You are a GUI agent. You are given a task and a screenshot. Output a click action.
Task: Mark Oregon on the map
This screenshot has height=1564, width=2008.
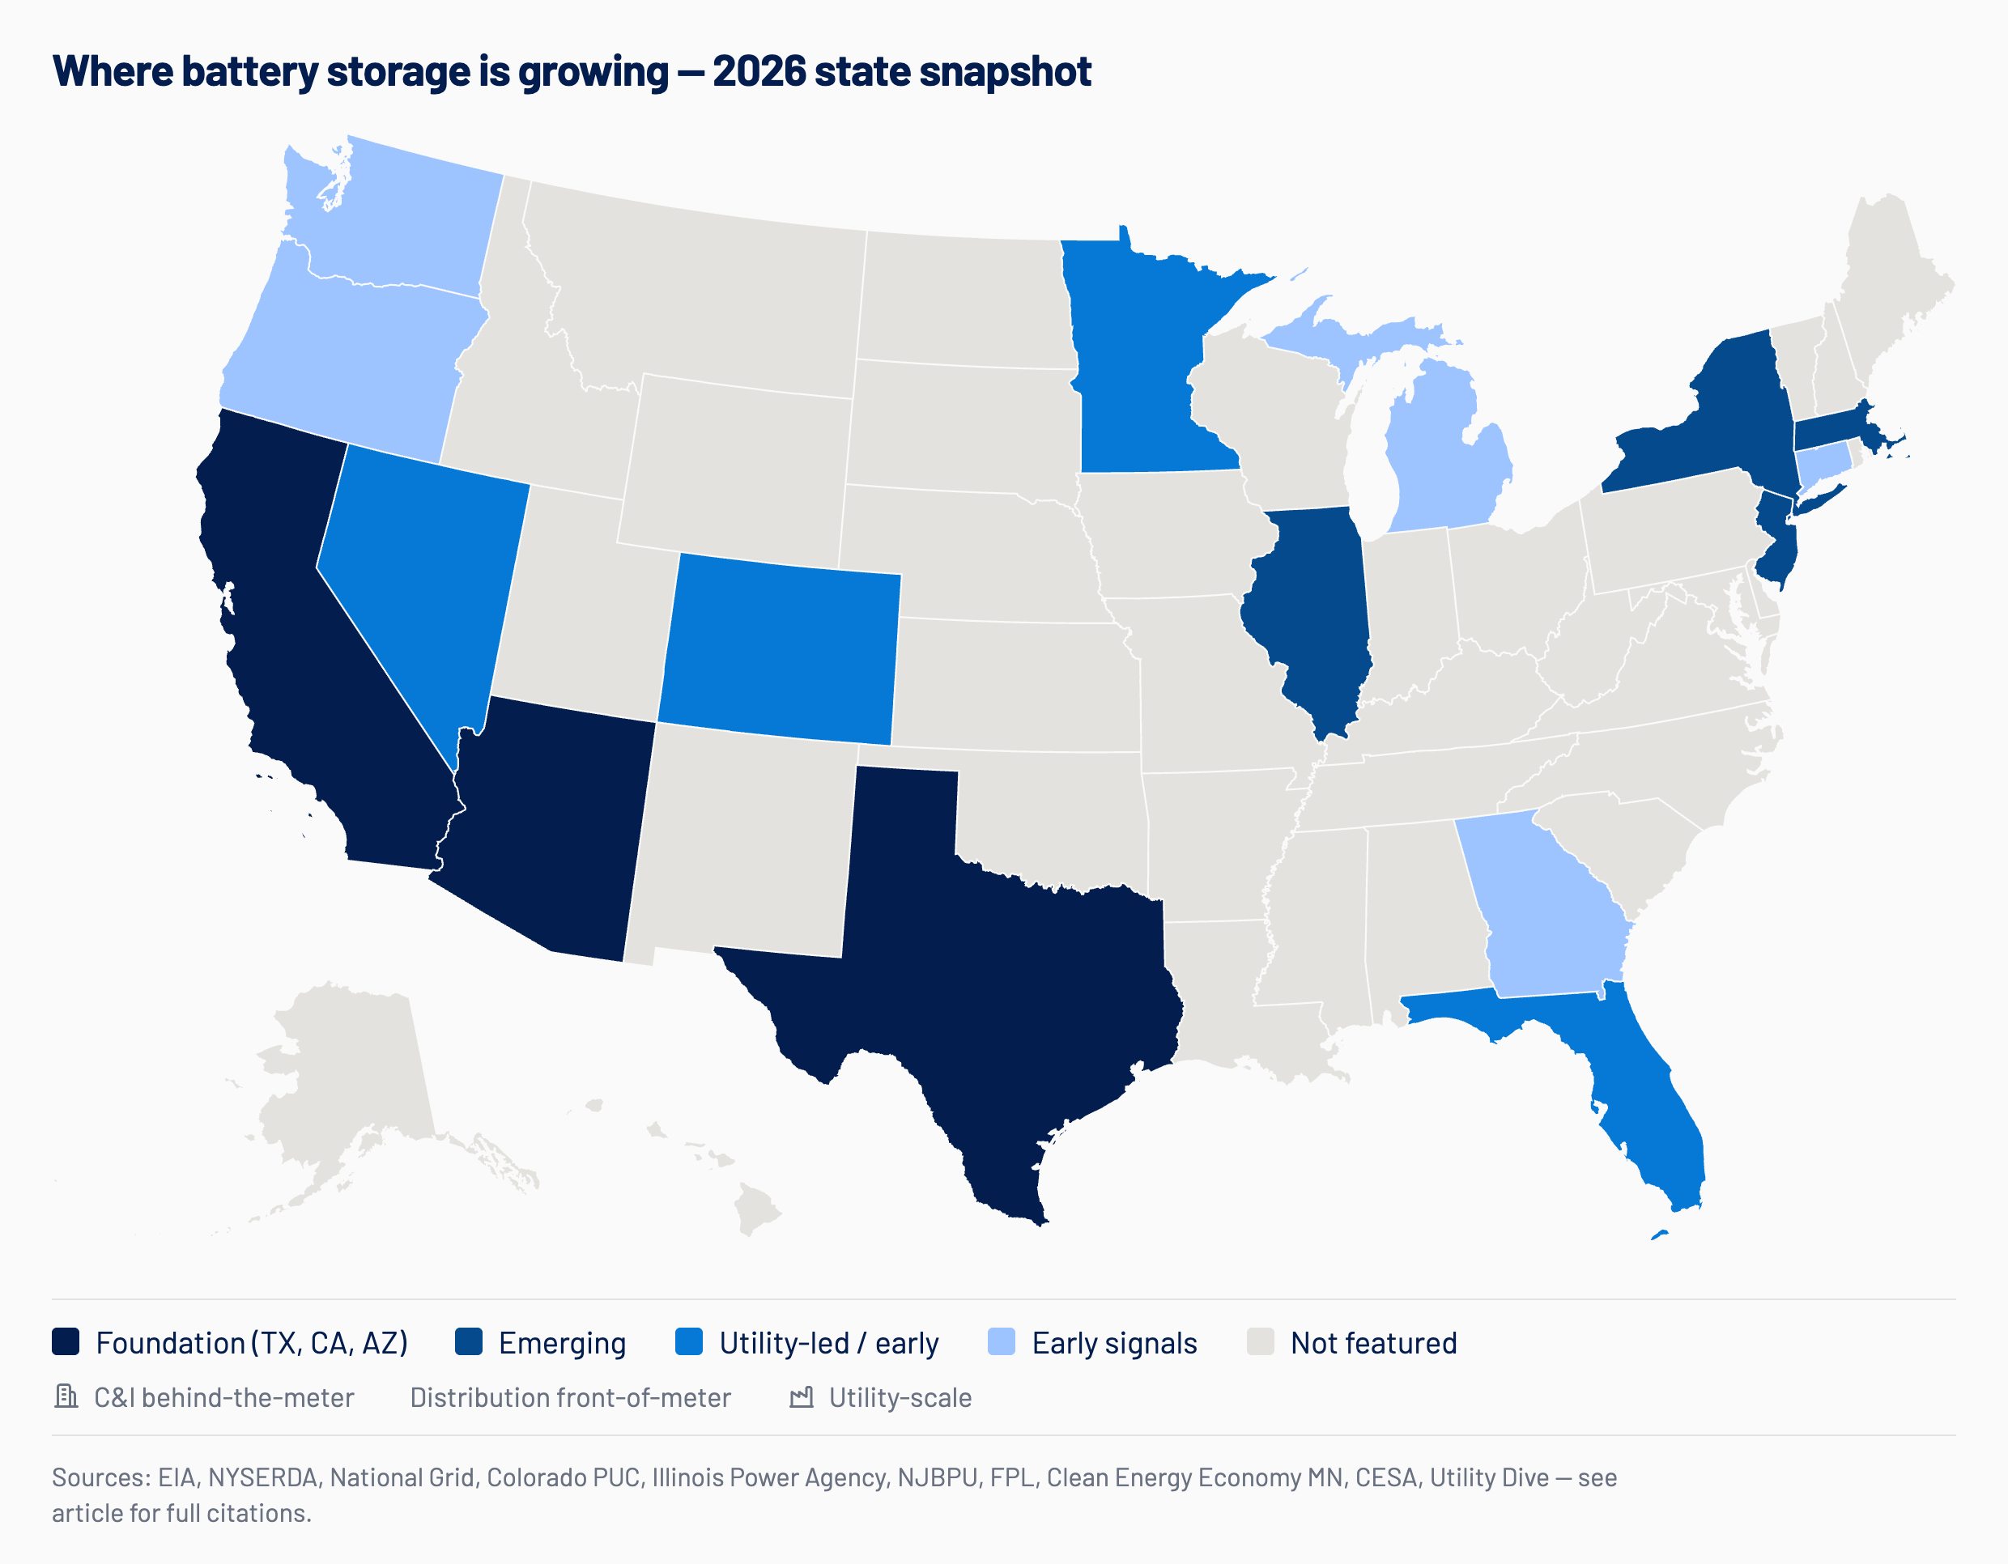[350, 359]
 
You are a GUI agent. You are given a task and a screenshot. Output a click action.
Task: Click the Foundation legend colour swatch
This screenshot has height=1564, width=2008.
[66, 1341]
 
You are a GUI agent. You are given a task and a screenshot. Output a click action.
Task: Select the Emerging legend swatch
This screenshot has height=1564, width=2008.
[469, 1341]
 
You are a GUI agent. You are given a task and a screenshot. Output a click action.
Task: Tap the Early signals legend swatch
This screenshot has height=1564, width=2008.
[1002, 1341]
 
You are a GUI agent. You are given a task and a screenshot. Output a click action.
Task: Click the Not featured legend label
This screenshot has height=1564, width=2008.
[1373, 1343]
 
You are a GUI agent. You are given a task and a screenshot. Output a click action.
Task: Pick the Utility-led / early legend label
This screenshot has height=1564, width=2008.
[828, 1343]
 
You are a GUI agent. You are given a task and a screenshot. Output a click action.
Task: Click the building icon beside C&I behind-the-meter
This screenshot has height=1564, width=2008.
[66, 1396]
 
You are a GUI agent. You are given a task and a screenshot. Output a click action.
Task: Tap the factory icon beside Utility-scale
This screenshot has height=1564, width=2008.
[802, 1397]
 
